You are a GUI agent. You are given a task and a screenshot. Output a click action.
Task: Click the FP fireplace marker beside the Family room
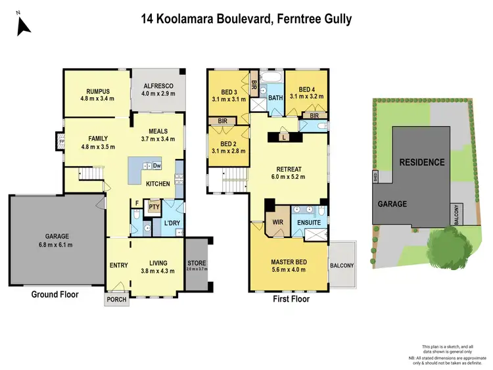60,142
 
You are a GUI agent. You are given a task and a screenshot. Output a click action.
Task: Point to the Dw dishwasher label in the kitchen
157,166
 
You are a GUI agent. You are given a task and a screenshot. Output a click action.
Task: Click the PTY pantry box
154,208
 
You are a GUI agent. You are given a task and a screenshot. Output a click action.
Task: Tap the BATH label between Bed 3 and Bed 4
275,99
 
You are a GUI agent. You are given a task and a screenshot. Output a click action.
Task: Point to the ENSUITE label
308,223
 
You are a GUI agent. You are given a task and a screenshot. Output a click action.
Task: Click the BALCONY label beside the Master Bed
342,266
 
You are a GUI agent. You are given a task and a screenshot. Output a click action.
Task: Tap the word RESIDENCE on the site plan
423,162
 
